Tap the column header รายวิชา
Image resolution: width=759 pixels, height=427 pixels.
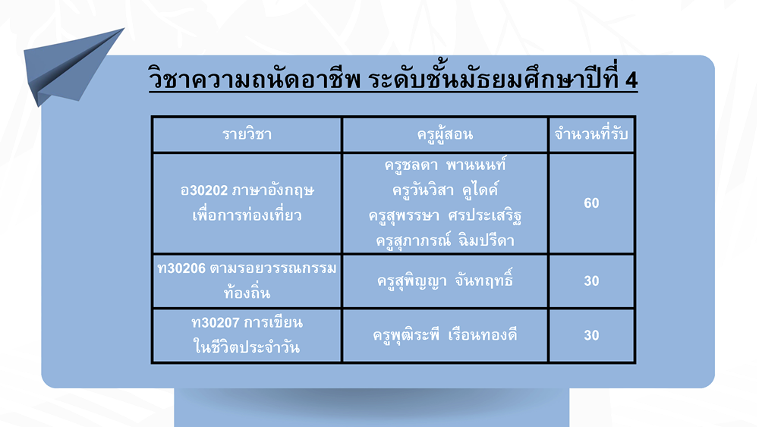pos(247,134)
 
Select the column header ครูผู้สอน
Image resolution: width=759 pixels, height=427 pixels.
pos(445,134)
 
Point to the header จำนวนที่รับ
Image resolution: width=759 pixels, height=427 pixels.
pos(591,133)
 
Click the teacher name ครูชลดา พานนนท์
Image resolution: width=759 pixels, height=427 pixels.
pos(445,165)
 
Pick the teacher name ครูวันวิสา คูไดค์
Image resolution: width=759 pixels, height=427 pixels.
pos(445,190)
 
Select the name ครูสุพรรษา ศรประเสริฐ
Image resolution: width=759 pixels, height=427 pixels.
pos(445,215)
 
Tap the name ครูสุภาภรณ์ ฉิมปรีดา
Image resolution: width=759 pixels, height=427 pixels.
pos(445,240)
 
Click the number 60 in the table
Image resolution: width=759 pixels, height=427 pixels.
pos(591,203)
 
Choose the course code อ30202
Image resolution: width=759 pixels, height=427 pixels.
pos(203,190)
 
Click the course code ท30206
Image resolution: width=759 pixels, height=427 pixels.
pos(181,268)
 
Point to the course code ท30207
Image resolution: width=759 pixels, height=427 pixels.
pos(216,322)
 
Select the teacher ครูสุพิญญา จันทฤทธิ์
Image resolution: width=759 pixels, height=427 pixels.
pos(445,281)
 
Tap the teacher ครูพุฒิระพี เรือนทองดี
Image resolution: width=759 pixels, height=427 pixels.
pos(445,334)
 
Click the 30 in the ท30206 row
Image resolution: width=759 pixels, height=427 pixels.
pos(591,281)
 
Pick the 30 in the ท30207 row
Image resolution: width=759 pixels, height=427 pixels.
pos(591,335)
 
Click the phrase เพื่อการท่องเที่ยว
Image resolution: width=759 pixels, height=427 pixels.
pos(247,215)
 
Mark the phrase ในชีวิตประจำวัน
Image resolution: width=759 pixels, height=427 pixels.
pos(247,347)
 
